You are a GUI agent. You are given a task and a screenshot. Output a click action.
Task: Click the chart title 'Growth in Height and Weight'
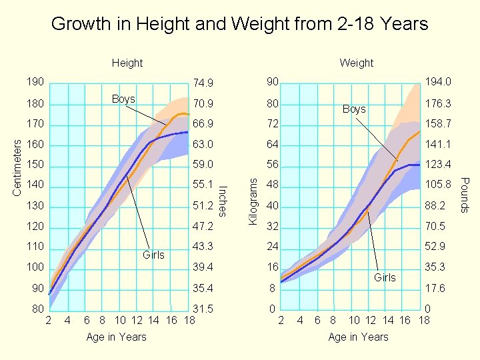tap(239, 25)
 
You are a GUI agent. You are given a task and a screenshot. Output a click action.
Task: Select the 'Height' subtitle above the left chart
tap(127, 63)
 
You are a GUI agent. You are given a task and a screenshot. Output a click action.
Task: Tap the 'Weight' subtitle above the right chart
tap(356, 63)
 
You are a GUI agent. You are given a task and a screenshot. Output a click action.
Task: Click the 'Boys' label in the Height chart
tap(123, 99)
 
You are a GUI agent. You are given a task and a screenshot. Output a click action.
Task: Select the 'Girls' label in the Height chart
tap(153, 255)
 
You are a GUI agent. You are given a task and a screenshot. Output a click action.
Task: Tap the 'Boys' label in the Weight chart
tap(354, 109)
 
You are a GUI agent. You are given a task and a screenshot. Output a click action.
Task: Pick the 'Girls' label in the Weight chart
tap(385, 277)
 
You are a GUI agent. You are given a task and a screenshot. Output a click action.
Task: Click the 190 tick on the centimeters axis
tap(35, 82)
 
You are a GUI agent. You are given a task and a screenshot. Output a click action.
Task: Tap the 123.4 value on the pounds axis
tap(438, 165)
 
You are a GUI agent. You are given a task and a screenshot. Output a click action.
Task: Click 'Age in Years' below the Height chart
tap(116, 337)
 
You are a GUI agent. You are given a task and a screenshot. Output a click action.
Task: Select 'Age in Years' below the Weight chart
tap(358, 337)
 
